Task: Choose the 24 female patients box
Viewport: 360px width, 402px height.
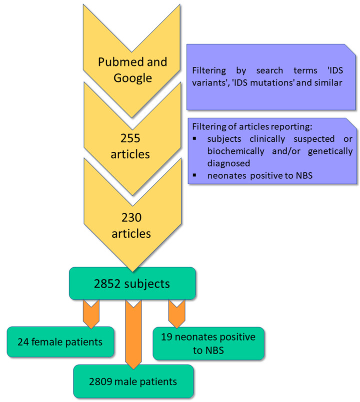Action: pos(60,342)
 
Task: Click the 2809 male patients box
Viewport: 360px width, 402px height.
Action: pos(133,382)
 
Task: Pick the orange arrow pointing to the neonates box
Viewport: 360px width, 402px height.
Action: pos(176,312)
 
